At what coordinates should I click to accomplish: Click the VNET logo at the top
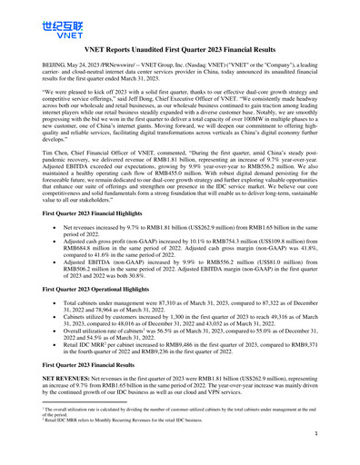[x=35, y=28]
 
